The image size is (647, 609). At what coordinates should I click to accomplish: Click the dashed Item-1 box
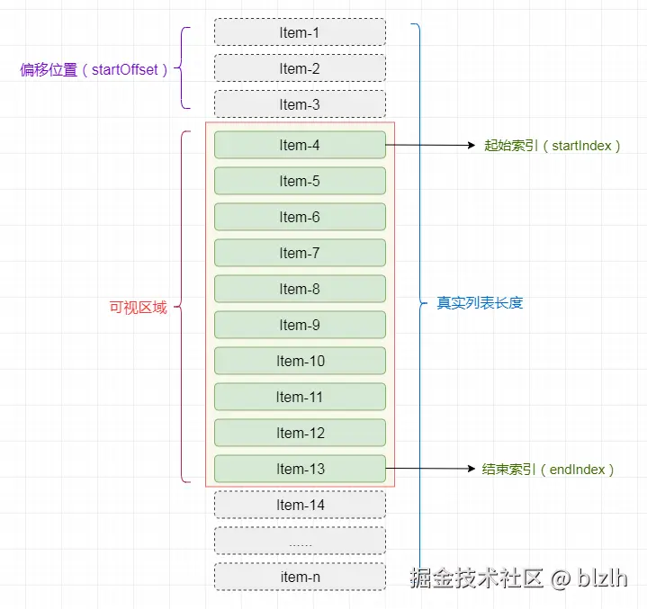tap(300, 32)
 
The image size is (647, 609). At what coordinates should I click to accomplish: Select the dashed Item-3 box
tap(300, 104)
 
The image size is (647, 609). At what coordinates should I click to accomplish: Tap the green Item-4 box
tap(300, 145)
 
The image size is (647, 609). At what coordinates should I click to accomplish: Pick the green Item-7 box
tap(300, 253)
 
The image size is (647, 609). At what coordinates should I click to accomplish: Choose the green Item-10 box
tap(300, 361)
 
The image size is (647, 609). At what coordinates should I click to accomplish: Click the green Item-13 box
tap(300, 469)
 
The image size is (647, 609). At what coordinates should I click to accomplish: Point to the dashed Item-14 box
tap(300, 505)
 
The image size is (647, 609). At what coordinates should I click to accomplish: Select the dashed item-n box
tap(300, 577)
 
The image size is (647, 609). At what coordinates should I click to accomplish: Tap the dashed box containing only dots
tap(300, 541)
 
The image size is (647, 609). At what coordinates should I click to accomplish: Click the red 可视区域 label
tap(139, 308)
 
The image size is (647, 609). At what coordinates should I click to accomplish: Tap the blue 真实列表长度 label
tap(480, 303)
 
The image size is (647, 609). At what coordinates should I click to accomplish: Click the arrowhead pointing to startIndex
tap(472, 145)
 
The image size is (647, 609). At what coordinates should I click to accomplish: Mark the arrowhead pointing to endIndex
tap(472, 469)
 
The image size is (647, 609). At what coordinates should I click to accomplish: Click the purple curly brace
tap(181, 68)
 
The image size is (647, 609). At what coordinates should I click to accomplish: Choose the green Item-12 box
tap(300, 433)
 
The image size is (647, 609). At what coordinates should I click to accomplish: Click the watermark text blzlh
tap(602, 578)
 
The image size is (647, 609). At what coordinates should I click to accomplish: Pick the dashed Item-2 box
tap(300, 68)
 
